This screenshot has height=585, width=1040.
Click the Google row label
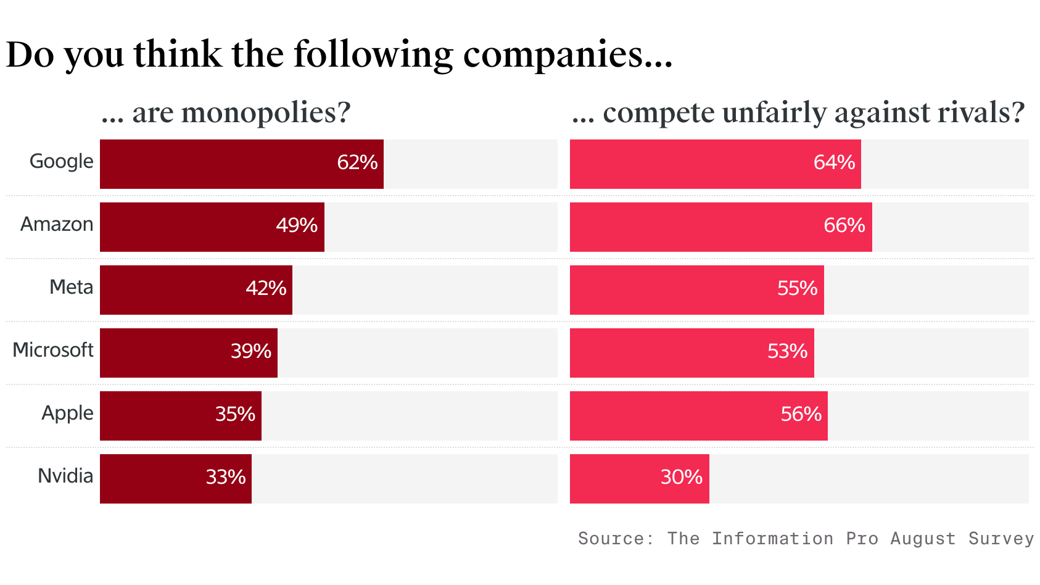pos(62,162)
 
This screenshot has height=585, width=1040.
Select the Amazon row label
pos(57,225)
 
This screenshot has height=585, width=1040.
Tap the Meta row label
pos(72,288)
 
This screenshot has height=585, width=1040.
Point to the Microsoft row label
pos(53,351)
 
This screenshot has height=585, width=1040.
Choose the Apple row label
pos(67,413)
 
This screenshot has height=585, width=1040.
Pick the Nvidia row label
pos(65,476)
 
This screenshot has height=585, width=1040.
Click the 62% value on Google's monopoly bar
pos(357,163)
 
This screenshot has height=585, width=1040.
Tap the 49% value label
pos(297,226)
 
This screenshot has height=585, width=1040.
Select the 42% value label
pos(266,289)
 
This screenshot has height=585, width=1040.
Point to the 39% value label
pos(251,352)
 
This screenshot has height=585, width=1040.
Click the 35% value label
pos(235,415)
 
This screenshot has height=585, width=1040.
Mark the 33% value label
pos(226,478)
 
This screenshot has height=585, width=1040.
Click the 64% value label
pos(834,163)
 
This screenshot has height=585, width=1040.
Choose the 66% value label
pos(844,226)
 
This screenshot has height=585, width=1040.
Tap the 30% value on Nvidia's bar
pos(682,478)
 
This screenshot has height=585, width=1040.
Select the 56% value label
pos(801,415)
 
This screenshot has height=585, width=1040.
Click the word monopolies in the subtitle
pos(266,114)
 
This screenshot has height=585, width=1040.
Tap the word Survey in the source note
pos(1001,539)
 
